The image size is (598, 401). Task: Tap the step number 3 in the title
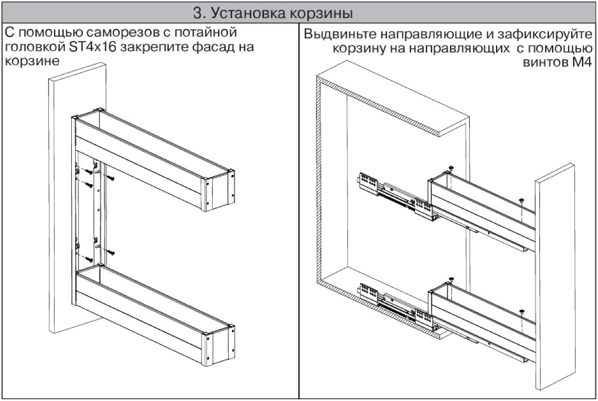point(197,13)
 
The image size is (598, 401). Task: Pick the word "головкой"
point(34,49)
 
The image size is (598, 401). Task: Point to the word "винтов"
point(544,63)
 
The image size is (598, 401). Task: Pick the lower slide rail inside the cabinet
point(392,304)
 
